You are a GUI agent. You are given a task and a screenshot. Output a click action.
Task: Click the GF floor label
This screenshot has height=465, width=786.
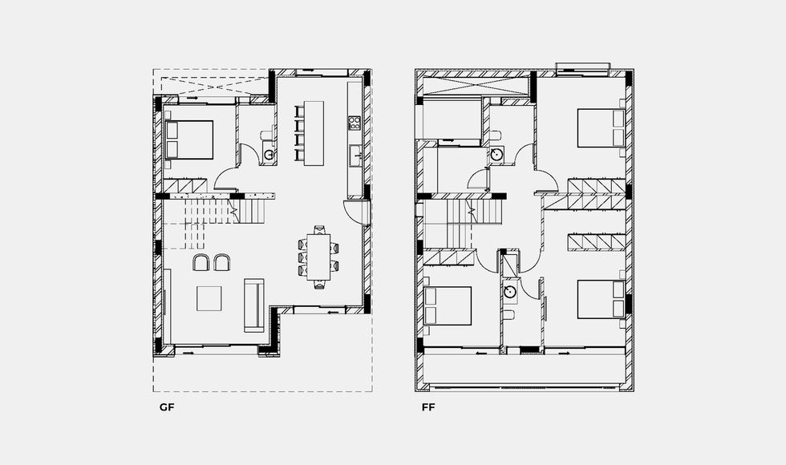[167, 407]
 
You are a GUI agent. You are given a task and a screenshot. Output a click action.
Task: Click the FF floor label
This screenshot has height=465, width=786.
[428, 407]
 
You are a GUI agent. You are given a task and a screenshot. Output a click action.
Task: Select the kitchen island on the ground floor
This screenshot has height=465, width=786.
[314, 133]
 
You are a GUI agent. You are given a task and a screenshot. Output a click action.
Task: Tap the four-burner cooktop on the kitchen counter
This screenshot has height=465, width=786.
[355, 123]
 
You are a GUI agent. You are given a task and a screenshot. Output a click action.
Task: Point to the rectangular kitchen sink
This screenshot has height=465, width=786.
[356, 155]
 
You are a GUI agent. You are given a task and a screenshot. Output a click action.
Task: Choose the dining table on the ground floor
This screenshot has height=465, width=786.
[319, 257]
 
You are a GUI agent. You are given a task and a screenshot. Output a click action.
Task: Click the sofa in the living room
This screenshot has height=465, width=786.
[254, 305]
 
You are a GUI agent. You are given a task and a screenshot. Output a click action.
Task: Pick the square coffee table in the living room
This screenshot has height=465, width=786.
[209, 298]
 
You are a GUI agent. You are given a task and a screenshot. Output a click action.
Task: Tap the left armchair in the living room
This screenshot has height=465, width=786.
[201, 263]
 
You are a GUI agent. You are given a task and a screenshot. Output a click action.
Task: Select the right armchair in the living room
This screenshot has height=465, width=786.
[222, 263]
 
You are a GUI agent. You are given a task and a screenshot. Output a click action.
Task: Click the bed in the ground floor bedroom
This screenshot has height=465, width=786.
[189, 139]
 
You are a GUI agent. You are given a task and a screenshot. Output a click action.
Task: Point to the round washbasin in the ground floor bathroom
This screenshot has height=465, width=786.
[269, 154]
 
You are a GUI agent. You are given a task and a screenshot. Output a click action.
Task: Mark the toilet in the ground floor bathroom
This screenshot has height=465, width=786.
[266, 135]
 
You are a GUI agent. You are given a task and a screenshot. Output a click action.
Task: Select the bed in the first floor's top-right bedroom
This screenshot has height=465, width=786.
[601, 127]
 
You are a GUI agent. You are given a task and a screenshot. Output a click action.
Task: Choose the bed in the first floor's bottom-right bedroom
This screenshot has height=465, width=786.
[601, 299]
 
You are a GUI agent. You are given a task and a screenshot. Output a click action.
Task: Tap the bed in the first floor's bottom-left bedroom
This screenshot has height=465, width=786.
[448, 305]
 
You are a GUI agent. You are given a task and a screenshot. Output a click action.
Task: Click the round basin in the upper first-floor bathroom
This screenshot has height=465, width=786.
[497, 154]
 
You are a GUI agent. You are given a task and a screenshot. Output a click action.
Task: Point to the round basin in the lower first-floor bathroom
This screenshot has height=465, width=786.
[510, 292]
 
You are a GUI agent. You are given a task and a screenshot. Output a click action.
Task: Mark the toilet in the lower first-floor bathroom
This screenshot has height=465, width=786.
[509, 314]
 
